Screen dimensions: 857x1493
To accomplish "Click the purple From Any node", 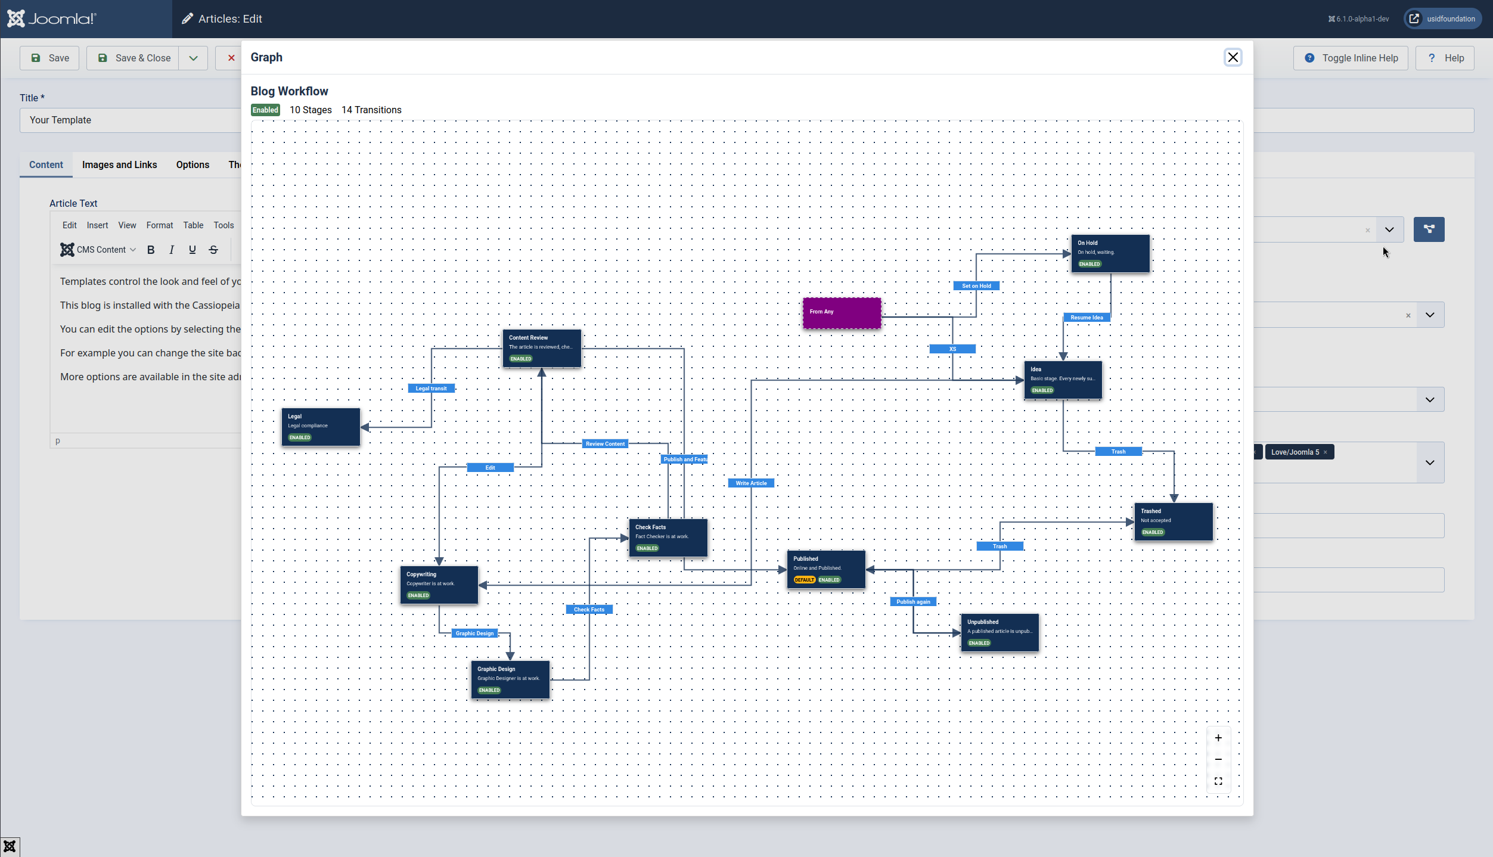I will [842, 313].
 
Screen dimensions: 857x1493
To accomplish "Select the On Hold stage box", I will [1110, 253].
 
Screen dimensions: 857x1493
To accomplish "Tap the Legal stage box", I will [321, 427].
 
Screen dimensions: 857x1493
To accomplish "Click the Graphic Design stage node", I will [510, 679].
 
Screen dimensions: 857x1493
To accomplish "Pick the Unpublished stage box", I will [1000, 632].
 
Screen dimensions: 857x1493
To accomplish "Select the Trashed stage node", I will [1173, 521].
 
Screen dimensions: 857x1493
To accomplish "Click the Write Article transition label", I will [751, 483].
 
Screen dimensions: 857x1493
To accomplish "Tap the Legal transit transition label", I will [431, 389].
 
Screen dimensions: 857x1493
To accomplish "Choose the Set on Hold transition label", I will [976, 286].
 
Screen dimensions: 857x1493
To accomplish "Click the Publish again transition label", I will [913, 602].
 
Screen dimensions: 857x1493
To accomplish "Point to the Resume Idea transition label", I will [1087, 318].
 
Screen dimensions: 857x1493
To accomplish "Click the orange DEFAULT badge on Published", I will [804, 580].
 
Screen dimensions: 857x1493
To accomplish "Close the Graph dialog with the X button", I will [1233, 57].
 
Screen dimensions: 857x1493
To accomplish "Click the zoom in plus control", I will [1218, 738].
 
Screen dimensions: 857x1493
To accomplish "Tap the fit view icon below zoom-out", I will [1218, 781].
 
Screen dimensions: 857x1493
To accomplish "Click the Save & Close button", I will [135, 58].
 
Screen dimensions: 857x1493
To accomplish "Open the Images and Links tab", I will [119, 164].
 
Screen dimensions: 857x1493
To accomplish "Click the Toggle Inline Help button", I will [1351, 58].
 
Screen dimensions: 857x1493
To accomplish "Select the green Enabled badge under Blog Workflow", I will [265, 110].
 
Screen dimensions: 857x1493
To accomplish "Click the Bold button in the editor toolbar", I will [151, 250].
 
